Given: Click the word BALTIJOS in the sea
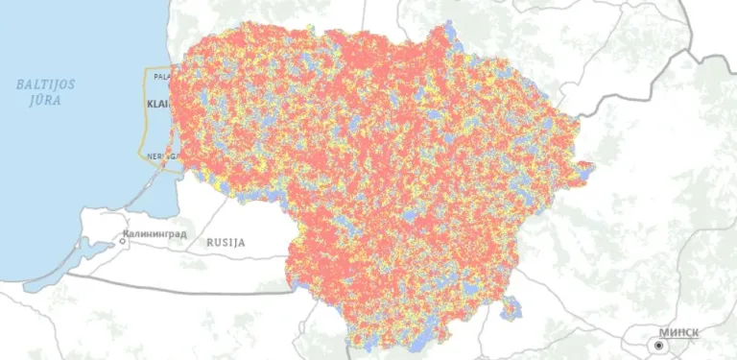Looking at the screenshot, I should coord(45,84).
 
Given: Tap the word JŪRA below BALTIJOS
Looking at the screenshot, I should coord(45,101).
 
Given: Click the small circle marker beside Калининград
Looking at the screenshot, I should coord(123,241).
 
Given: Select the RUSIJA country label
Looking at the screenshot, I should coord(226,242).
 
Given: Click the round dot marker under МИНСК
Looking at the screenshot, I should coord(659,345).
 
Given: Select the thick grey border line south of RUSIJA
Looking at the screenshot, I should coord(192,287).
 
